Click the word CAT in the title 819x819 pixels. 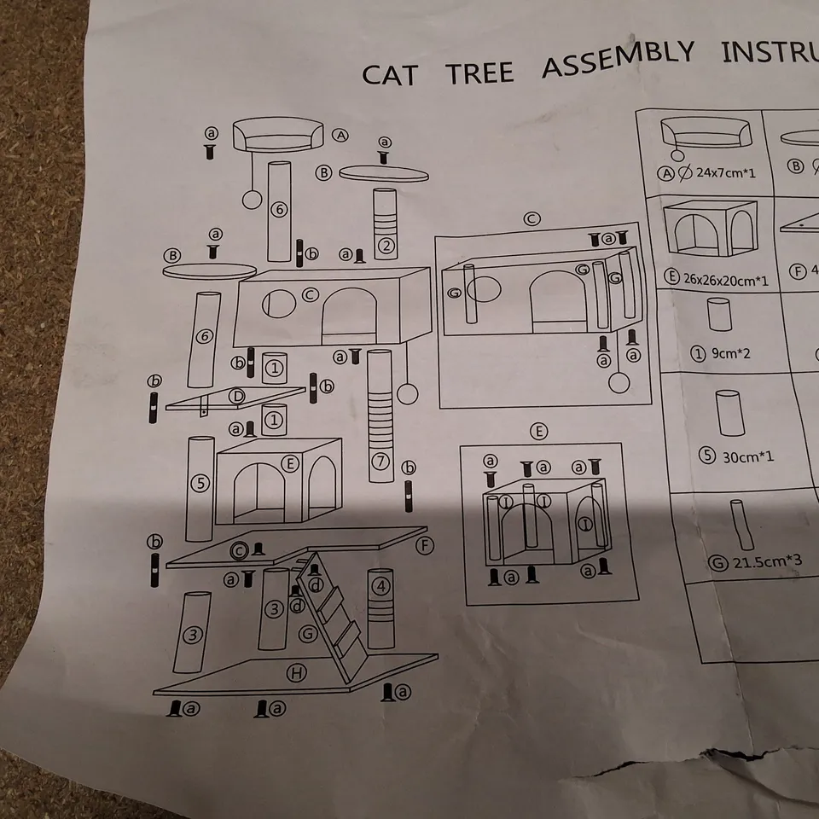390,74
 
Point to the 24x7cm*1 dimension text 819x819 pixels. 725,172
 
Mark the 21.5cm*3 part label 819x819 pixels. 755,562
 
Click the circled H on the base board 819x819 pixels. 296,673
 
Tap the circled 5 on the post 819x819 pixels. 200,484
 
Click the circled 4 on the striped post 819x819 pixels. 380,586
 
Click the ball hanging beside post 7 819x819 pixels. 409,394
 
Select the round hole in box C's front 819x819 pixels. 278,303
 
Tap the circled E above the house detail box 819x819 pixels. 538,432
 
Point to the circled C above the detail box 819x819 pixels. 531,219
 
